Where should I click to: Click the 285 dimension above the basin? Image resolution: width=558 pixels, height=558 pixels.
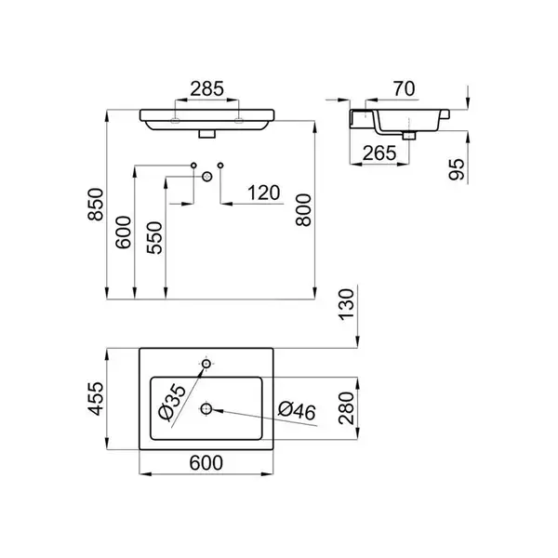point(206,89)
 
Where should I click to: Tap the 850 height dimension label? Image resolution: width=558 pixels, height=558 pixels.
point(96,205)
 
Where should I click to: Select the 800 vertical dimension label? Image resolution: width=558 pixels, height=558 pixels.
point(303,210)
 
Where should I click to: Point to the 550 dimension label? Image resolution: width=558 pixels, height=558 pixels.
point(154,238)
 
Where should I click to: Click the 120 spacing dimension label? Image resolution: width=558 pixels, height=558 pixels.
point(264,193)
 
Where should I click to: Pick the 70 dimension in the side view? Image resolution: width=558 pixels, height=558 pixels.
point(404,89)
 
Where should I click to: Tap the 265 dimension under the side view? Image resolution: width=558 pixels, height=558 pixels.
point(379,153)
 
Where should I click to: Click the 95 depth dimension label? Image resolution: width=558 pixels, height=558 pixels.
point(457,169)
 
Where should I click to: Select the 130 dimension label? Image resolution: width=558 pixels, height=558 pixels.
point(347,305)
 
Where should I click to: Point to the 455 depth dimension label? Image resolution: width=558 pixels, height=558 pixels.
point(96,399)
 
